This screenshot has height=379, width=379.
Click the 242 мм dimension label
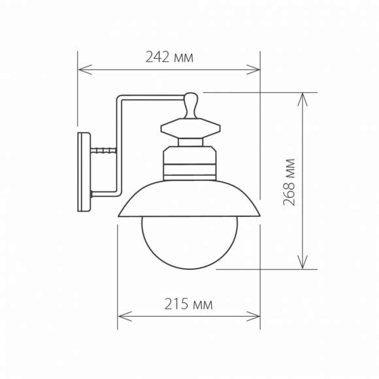(x=169, y=58)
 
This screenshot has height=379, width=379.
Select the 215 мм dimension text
(x=189, y=304)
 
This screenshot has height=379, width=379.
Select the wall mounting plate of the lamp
(x=84, y=171)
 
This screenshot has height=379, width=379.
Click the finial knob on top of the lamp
(x=190, y=105)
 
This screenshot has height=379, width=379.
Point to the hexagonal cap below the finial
(x=190, y=127)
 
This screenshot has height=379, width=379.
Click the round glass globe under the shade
(x=190, y=242)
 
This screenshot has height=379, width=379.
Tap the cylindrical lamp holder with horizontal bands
(x=189, y=163)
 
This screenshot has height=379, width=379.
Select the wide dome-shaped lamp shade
(x=189, y=199)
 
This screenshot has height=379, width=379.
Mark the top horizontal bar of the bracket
(x=150, y=99)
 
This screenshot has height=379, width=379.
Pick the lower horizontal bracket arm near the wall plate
(x=105, y=194)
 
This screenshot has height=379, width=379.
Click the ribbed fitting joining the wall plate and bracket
(x=103, y=151)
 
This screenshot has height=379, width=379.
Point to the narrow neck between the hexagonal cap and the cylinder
(x=190, y=142)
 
